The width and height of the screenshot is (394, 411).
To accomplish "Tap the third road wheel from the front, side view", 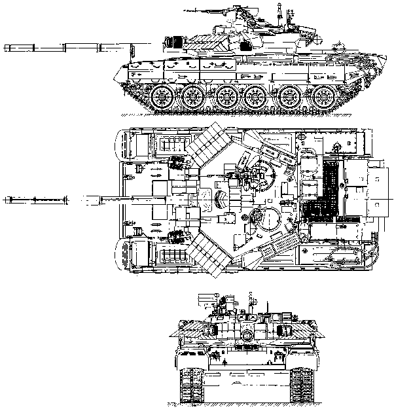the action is (x=226, y=98).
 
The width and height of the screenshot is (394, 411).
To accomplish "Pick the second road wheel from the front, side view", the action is (x=194, y=98).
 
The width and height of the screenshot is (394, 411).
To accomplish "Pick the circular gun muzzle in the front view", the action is (x=246, y=334).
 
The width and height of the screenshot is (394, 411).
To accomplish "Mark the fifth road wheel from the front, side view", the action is (x=289, y=98).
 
